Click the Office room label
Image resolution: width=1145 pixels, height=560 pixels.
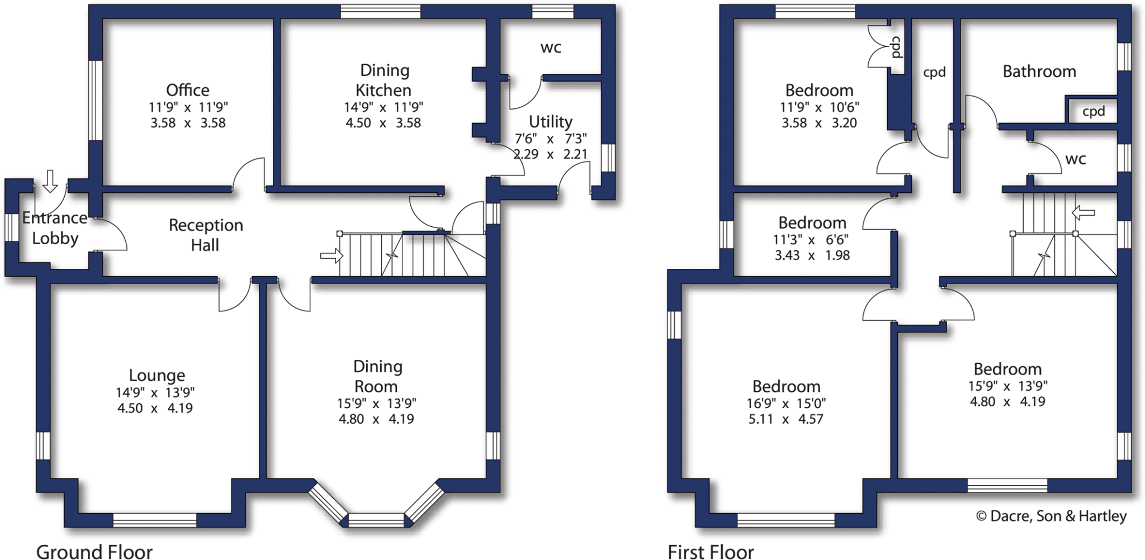pyautogui.click(x=188, y=90)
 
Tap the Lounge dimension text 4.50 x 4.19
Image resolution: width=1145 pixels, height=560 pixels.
pyautogui.click(x=155, y=408)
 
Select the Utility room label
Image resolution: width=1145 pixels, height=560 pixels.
pyautogui.click(x=550, y=121)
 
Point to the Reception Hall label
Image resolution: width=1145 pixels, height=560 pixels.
pyautogui.click(x=206, y=235)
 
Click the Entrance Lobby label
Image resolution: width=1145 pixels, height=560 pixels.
pyautogui.click(x=55, y=228)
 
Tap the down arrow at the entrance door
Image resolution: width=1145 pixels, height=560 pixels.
pyautogui.click(x=50, y=181)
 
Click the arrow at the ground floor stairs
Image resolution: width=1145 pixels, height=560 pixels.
pyautogui.click(x=332, y=256)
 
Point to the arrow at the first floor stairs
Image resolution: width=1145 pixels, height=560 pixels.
pyautogui.click(x=1083, y=212)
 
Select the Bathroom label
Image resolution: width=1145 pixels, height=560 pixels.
pyautogui.click(x=1039, y=72)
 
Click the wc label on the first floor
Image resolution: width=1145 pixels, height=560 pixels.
pyautogui.click(x=1075, y=159)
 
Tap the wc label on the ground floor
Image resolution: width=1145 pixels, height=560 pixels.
pyautogui.click(x=550, y=48)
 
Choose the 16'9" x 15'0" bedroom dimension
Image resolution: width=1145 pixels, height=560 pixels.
pyautogui.click(x=786, y=403)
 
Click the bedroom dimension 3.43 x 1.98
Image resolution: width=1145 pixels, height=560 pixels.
pyautogui.click(x=812, y=255)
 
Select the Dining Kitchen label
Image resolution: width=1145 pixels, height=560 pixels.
pyautogui.click(x=384, y=80)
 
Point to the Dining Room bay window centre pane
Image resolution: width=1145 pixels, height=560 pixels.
pyautogui.click(x=376, y=520)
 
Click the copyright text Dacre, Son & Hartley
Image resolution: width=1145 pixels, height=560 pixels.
pyautogui.click(x=1051, y=516)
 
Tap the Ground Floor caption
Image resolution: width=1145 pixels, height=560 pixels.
pyautogui.click(x=94, y=552)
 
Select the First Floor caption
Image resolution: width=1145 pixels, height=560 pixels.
pyautogui.click(x=710, y=552)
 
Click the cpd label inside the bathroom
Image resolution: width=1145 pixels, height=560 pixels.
pyautogui.click(x=1093, y=111)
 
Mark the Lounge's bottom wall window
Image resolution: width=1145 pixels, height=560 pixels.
pyautogui.click(x=155, y=520)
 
